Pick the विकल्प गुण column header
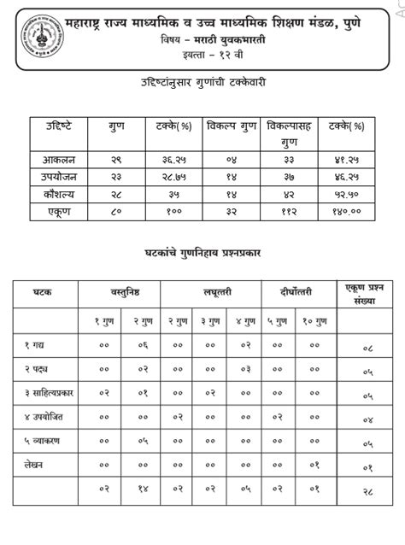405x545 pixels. pos(232,126)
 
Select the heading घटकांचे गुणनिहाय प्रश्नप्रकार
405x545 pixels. pos(202,254)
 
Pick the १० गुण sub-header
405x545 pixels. pos(315,321)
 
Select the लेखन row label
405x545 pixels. pos(35,463)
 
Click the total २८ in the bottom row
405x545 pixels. pos(367,492)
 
